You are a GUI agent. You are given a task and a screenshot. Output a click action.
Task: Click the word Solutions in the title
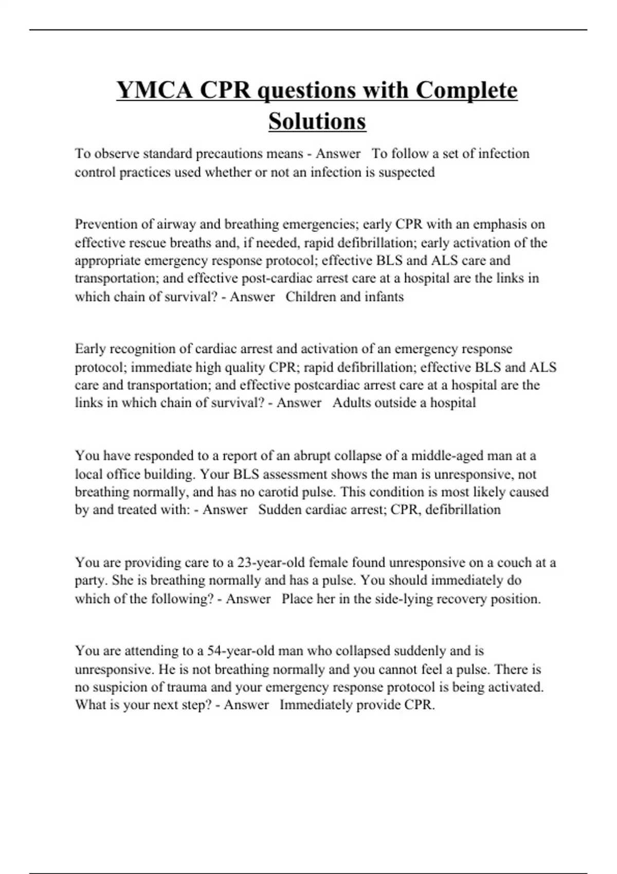[x=317, y=122]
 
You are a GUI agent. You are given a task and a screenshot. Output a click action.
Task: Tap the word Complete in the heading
[x=466, y=90]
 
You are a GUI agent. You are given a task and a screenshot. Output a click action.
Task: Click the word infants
[x=384, y=297]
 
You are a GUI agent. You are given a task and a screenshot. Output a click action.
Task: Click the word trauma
[x=188, y=687]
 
